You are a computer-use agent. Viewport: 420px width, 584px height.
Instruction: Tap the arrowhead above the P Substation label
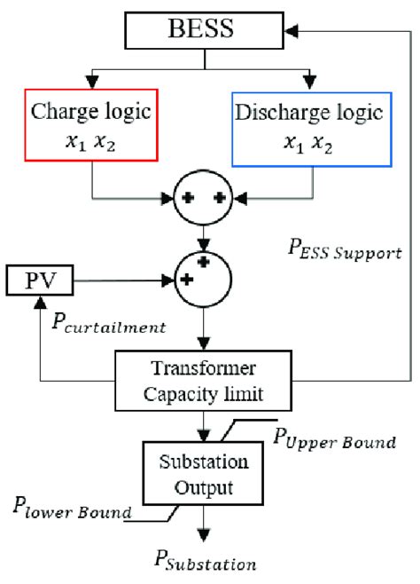[206, 534]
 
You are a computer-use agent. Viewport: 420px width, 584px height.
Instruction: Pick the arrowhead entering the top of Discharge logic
[310, 83]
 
